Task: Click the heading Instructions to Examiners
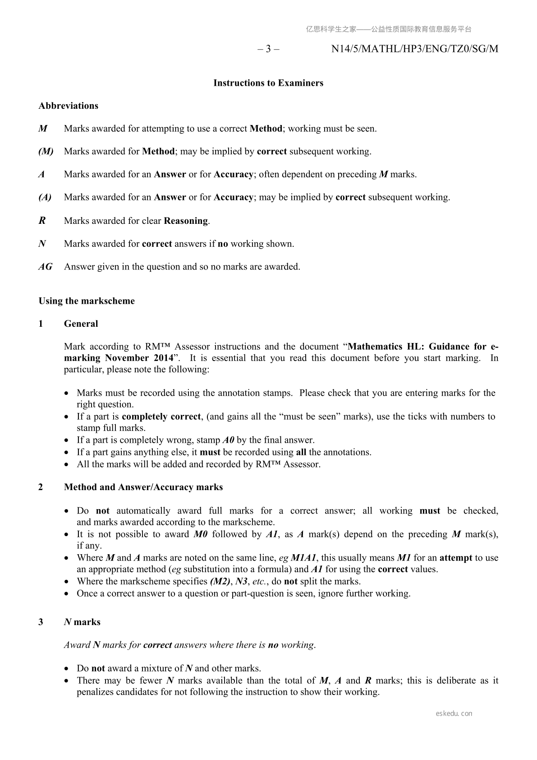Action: click(268, 83)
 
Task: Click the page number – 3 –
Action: click(268, 49)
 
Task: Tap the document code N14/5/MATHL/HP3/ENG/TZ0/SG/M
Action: click(415, 49)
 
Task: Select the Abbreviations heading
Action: click(69, 106)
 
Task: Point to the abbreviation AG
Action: click(45, 267)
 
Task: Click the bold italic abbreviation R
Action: click(42, 221)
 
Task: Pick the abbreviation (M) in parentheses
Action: click(46, 152)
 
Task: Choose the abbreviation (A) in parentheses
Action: click(45, 197)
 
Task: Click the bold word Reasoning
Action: click(186, 221)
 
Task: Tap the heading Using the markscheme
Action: click(87, 301)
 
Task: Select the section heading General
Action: click(81, 324)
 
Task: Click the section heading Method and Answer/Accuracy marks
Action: click(143, 487)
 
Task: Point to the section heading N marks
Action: click(82, 622)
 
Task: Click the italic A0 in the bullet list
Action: click(229, 440)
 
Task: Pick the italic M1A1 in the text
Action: click(303, 558)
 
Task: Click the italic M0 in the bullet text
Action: click(200, 534)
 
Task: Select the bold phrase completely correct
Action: click(161, 417)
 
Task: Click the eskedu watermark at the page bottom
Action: click(454, 714)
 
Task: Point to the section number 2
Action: click(41, 487)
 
